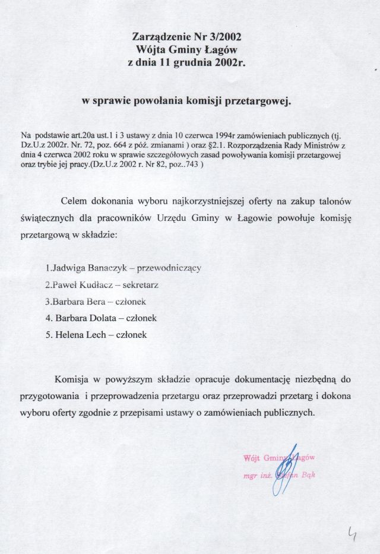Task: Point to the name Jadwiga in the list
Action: point(72,268)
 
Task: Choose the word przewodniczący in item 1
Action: point(169,268)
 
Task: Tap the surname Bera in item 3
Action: point(98,301)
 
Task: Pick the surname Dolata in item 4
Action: point(109,318)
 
